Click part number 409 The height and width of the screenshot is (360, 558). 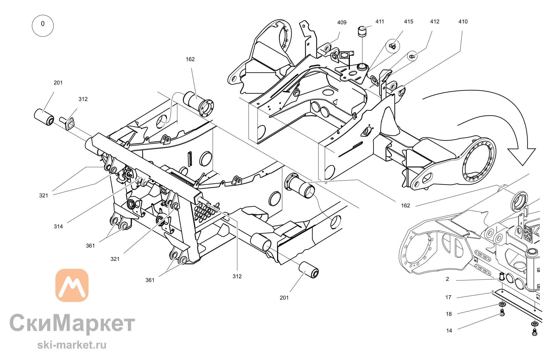point(342,23)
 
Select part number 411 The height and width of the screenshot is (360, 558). point(380,21)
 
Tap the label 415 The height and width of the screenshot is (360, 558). point(408,21)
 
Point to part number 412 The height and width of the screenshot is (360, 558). point(435,21)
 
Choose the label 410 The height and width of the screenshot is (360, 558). point(463,21)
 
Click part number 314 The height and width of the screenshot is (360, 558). point(58,226)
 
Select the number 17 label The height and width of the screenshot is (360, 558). point(448,297)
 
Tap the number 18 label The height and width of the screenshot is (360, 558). point(449,314)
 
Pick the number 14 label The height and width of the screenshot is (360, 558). point(449,331)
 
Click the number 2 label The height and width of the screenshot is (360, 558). point(448,279)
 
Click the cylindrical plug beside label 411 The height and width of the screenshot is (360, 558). point(362,32)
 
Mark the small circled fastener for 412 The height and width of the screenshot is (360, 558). point(412,56)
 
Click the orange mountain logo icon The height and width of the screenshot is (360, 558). point(72,285)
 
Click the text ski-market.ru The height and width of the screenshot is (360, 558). point(72,345)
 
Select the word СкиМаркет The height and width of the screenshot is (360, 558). point(72,323)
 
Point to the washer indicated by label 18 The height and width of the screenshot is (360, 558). point(502,304)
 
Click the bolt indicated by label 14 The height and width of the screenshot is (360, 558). point(502,313)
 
